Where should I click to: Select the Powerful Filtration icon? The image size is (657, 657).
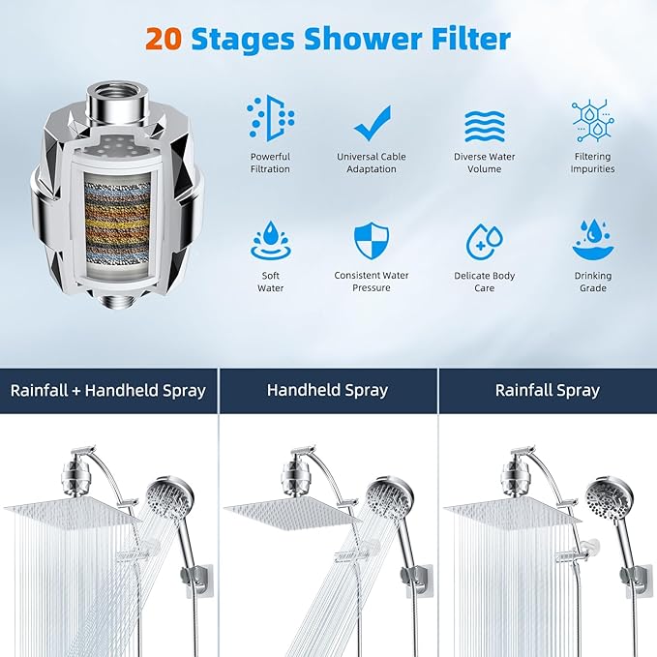(270, 118)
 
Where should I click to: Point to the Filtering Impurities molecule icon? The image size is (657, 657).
(592, 120)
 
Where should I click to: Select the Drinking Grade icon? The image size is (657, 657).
(592, 241)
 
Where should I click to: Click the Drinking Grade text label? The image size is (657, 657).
(592, 282)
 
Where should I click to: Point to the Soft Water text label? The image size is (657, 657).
(270, 282)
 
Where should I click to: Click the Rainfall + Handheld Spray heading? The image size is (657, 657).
(108, 391)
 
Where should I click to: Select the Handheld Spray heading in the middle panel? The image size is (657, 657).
(327, 391)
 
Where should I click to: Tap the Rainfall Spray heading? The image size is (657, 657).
(547, 391)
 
